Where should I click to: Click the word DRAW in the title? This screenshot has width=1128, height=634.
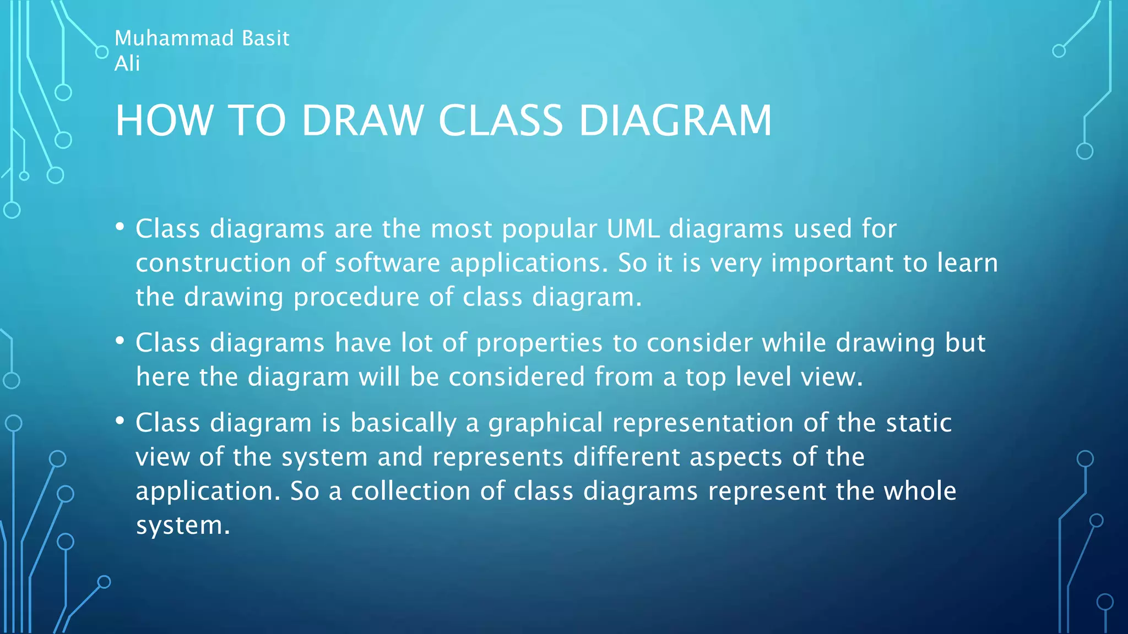pos(362,121)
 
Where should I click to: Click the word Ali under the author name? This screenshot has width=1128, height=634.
pos(127,63)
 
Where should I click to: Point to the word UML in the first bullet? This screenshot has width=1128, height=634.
pos(633,228)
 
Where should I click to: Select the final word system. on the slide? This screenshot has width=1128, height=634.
pos(182,526)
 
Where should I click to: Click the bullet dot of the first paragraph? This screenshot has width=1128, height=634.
pos(120,227)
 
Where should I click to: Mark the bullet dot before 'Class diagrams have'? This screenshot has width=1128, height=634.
pos(120,341)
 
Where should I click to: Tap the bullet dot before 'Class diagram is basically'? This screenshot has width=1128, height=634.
pos(120,421)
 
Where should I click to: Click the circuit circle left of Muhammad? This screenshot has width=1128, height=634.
pos(102,52)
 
